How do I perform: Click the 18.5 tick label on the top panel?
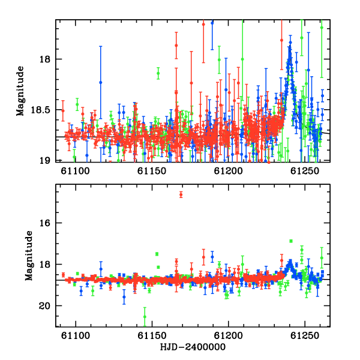[41, 110]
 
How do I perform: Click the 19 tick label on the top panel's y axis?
[45, 160]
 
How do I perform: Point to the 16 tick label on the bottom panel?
[45, 223]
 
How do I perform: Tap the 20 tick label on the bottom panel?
[45, 306]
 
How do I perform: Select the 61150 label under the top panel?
[152, 171]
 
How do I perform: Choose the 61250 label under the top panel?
[305, 171]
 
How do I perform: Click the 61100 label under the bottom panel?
[76, 335]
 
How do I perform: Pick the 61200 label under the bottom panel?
[228, 335]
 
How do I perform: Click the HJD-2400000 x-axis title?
[193, 347]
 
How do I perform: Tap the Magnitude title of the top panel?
[20, 91]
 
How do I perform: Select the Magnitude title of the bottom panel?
[29, 256]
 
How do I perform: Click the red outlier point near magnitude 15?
[181, 194]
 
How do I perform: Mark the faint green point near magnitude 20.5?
[145, 317]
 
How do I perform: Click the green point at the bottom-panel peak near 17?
[291, 241]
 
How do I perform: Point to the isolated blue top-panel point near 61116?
[100, 82]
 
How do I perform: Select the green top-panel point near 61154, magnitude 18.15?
[158, 73]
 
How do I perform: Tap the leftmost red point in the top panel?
[63, 110]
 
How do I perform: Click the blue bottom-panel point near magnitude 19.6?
[124, 297]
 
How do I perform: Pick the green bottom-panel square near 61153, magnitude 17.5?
[157, 254]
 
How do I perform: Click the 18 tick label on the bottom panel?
[45, 265]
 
